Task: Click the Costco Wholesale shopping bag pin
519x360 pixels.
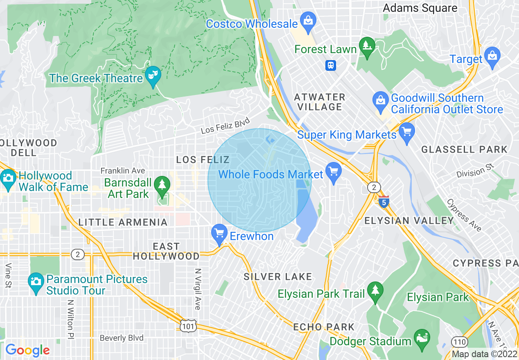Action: (x=308, y=20)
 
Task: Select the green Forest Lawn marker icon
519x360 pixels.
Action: (x=367, y=45)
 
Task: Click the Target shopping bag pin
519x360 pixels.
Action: (x=492, y=56)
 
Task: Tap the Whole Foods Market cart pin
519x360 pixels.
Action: (x=334, y=171)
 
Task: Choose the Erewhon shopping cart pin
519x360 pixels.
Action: (x=219, y=233)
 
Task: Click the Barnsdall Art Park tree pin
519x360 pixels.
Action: (x=162, y=185)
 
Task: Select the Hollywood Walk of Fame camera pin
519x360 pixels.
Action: (x=8, y=178)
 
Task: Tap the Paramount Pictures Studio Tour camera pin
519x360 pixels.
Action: (x=36, y=281)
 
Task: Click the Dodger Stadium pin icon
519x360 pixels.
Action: (x=422, y=338)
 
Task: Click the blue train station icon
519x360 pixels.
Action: (x=330, y=65)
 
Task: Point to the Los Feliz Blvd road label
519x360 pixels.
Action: (x=225, y=126)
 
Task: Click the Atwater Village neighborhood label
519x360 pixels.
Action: (x=320, y=102)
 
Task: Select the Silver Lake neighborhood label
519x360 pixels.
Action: (x=278, y=277)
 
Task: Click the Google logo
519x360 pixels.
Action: (x=27, y=350)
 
